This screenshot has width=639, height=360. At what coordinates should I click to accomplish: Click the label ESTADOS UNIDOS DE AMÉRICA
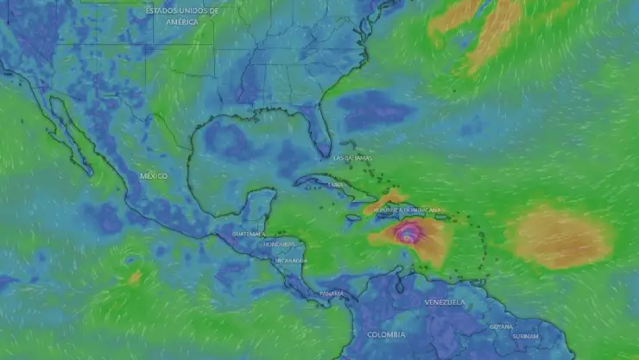click(182, 16)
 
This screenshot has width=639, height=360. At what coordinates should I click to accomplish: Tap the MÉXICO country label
click(154, 176)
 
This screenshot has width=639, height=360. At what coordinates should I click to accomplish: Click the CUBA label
click(337, 185)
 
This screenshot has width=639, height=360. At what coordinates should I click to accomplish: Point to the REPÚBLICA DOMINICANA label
click(407, 210)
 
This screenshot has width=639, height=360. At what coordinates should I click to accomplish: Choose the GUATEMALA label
click(249, 234)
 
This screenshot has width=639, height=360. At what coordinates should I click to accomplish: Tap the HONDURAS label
click(278, 244)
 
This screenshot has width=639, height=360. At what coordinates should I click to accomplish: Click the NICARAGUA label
click(291, 260)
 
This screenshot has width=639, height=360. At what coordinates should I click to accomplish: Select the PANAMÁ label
click(332, 294)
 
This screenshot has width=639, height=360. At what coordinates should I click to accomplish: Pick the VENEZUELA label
click(445, 302)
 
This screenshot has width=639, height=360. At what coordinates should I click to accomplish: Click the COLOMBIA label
click(385, 334)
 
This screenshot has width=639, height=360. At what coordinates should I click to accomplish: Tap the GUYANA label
click(501, 326)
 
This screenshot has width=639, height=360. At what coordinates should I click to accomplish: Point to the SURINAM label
click(525, 336)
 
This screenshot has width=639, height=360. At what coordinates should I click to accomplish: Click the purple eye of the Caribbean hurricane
click(408, 232)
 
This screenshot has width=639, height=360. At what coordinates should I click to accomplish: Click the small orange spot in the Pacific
click(135, 278)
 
